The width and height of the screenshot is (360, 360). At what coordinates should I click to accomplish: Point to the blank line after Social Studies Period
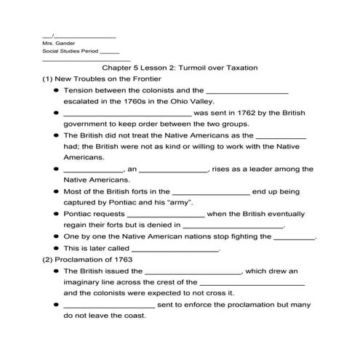coord(110,52)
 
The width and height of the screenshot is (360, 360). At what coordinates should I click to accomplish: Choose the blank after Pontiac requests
coord(165,216)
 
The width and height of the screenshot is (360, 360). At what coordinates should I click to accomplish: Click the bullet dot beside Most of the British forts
coord(56,191)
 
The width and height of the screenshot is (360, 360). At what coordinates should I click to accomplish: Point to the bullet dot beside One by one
coord(56,237)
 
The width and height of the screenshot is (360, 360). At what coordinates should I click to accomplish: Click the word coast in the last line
coord(135,316)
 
